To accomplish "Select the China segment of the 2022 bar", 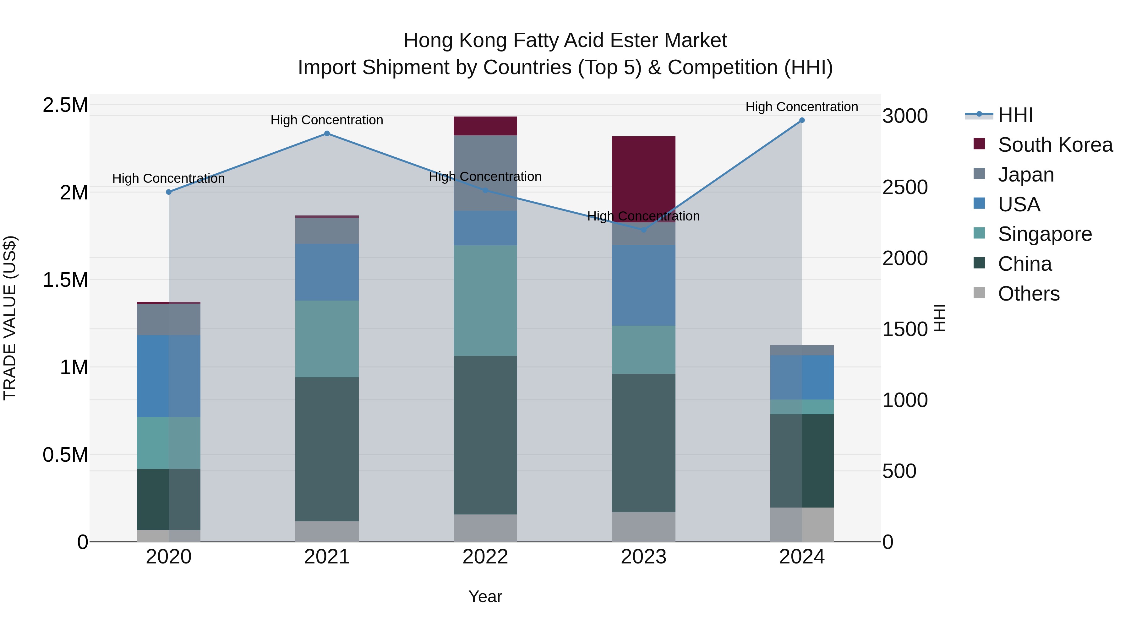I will coord(485,435).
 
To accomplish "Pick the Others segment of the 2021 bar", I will coord(327,531).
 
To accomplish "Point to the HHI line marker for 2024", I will coord(802,120).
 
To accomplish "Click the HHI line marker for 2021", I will coord(327,133).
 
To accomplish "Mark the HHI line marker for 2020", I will coord(169,192).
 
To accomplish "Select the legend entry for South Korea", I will coord(1055,145).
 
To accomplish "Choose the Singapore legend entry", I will coord(1045,234).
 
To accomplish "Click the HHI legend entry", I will coord(1015,115).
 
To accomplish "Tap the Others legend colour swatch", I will coord(979,293).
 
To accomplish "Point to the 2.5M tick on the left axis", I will coord(65,105).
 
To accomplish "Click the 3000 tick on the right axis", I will coord(905,116).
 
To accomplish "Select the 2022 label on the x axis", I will coord(485,557).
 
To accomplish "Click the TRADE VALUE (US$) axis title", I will coord(10,318).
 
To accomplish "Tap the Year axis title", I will coord(485,596).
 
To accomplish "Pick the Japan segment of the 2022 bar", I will coord(485,173).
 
